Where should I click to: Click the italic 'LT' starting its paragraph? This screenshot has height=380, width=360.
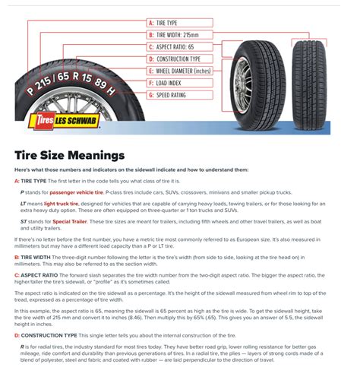pyautogui.click(x=23, y=204)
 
